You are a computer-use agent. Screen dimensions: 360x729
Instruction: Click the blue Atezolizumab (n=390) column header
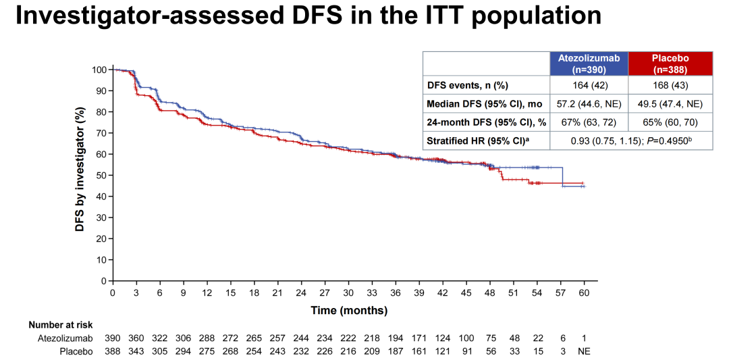coord(589,63)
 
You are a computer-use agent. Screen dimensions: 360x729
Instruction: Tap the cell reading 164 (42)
coord(589,85)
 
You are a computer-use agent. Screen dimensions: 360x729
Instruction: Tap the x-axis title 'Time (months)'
coord(349,311)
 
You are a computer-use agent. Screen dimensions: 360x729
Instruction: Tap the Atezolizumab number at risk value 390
coord(113,338)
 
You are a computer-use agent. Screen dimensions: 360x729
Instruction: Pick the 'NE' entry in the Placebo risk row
coord(584,351)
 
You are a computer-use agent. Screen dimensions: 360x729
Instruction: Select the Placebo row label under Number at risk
coord(75,351)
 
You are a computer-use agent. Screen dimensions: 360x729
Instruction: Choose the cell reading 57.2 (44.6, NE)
coord(589,104)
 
